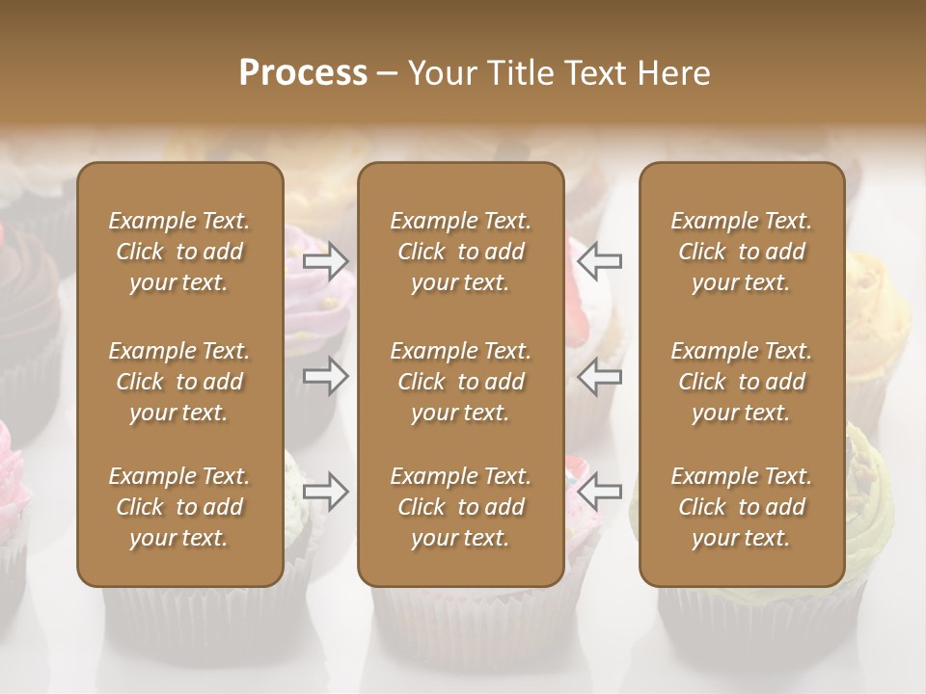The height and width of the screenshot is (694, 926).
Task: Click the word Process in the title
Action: click(303, 73)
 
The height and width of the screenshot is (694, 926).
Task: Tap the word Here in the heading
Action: click(672, 73)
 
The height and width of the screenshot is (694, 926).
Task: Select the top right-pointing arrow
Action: click(326, 261)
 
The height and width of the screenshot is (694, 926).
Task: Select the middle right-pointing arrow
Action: click(326, 376)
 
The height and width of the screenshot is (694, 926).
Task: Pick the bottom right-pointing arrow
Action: click(326, 491)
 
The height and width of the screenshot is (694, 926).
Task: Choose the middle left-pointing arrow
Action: click(600, 376)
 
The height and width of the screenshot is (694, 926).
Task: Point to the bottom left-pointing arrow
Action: click(600, 491)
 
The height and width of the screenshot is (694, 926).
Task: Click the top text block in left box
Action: click(179, 252)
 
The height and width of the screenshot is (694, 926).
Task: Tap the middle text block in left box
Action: click(179, 382)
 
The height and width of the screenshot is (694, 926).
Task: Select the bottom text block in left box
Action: click(179, 507)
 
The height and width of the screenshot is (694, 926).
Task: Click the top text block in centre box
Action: click(460, 252)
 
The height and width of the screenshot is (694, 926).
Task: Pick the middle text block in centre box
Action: click(460, 382)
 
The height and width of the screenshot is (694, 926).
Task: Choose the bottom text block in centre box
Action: click(460, 507)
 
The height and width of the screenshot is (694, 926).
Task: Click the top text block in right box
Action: click(742, 252)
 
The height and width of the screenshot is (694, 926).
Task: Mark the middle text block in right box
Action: click(742, 382)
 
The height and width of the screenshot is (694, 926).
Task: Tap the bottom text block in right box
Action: click(742, 507)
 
